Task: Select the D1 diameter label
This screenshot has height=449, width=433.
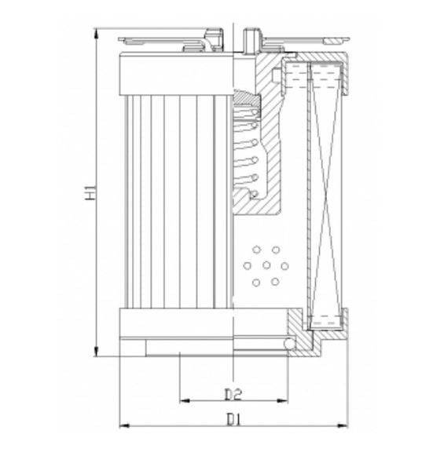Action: pyautogui.click(x=232, y=419)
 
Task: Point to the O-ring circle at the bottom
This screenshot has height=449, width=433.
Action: pyautogui.click(x=290, y=344)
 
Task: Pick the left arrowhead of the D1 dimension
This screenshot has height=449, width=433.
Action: pyautogui.click(x=123, y=426)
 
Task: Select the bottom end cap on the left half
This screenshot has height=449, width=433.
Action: pyautogui.click(x=176, y=323)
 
